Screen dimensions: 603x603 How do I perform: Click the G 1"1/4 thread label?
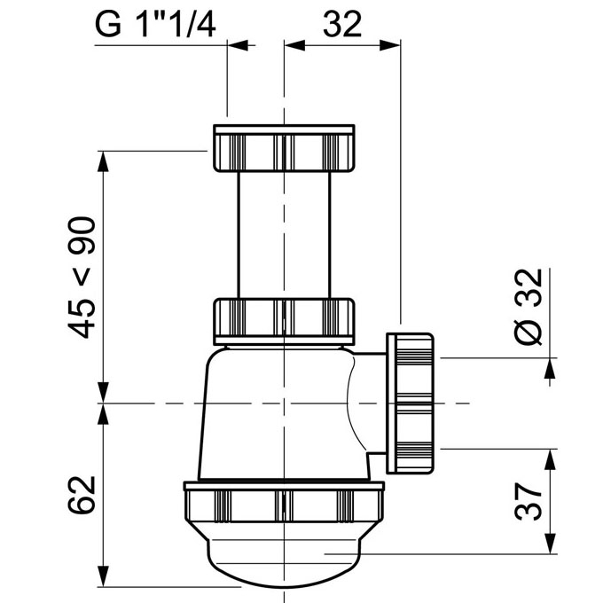pos(155,24)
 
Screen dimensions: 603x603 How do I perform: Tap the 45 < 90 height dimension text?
pos(82,278)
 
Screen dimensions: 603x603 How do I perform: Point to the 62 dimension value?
pos(82,495)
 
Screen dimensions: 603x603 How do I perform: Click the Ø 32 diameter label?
pos(529,307)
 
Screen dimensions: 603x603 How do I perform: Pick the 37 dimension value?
pos(529,502)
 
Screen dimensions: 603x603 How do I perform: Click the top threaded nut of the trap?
pos(284,148)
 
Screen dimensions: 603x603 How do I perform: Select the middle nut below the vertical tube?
pos(284,321)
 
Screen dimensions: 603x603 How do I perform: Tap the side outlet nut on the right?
pos(410,403)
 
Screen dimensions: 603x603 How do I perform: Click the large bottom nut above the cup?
pos(284,502)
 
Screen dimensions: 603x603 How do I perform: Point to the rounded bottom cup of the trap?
pos(284,558)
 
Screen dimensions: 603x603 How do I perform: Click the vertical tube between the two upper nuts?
pos(284,235)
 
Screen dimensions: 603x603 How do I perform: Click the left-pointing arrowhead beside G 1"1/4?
pos(238,45)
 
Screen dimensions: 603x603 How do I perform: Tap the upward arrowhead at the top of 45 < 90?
pos(103,161)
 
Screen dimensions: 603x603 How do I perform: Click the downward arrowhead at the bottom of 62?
pos(103,576)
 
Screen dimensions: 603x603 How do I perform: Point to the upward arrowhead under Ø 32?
pos(550,368)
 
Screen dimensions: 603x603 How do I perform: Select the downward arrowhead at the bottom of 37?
pos(550,544)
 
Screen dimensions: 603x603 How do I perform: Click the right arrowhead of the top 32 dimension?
pos(390,45)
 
